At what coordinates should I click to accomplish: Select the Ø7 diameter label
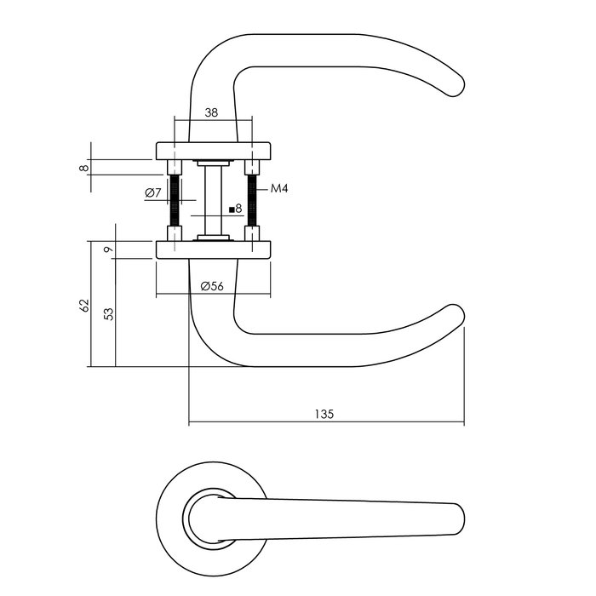pos(153,193)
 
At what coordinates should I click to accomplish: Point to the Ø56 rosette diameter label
pos(212,287)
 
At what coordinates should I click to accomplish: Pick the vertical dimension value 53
pos(108,312)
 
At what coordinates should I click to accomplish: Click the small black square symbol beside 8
pos(232,209)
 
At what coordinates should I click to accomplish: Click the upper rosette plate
pos(213,151)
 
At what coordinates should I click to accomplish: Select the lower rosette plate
pos(213,249)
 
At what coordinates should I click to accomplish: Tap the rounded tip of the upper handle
pos(456,85)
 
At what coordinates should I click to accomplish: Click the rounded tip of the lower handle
pos(456,317)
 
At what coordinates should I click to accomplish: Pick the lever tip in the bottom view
pos(456,519)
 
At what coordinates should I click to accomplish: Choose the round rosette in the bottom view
pos(170,511)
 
